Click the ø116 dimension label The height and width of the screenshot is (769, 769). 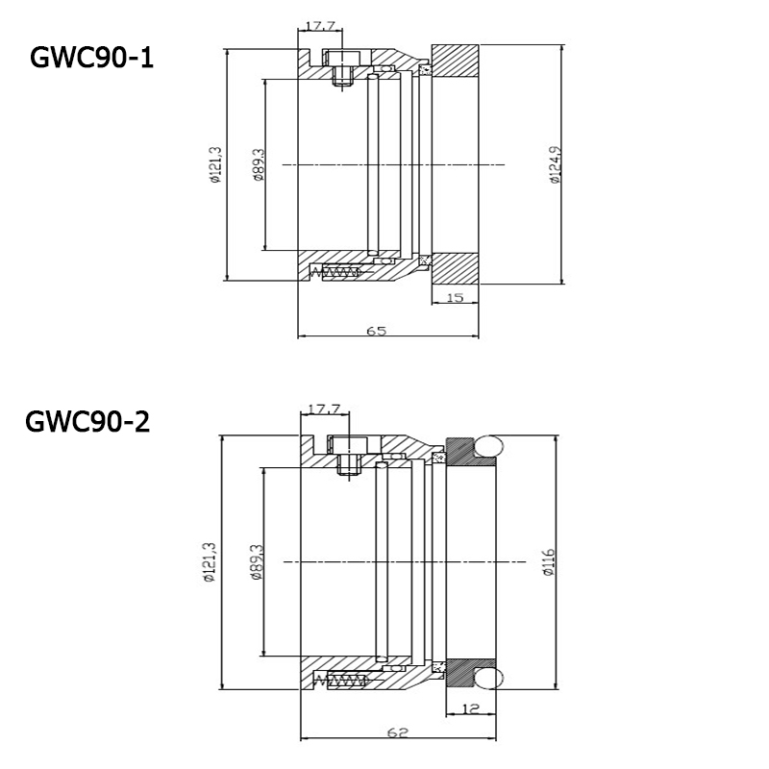(x=546, y=561)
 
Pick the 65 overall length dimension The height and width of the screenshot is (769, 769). (x=376, y=331)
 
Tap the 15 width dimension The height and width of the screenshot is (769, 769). (x=456, y=299)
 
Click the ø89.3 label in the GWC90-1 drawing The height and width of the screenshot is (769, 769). (x=257, y=164)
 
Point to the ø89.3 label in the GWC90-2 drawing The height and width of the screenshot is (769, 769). (x=257, y=561)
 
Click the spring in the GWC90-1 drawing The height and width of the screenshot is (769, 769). (x=336, y=272)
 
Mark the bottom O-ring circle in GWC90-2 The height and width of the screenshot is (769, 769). (x=489, y=679)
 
